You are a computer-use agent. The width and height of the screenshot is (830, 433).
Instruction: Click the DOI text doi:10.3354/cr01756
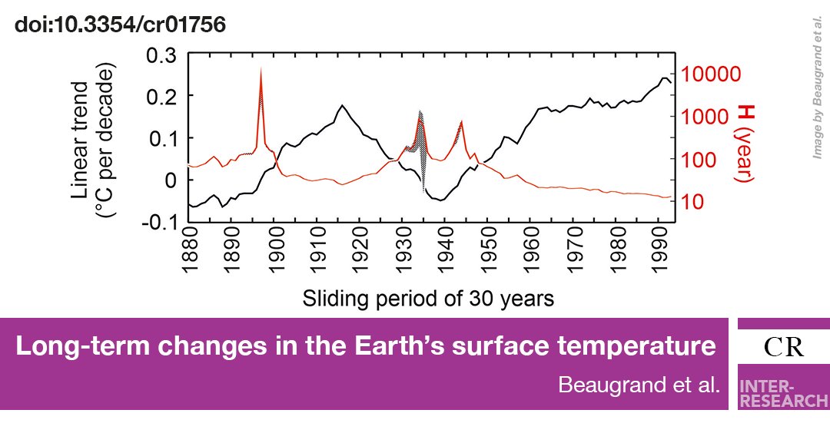coord(120,25)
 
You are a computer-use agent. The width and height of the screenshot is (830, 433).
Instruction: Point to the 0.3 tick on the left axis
coord(161,55)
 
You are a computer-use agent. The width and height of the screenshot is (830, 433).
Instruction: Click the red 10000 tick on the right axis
coord(711,74)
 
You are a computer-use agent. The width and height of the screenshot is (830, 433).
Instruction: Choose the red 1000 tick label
coord(704,117)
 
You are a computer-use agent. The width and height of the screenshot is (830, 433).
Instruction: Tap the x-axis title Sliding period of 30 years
coord(427,298)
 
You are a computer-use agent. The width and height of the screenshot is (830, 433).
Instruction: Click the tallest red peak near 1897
coord(261,69)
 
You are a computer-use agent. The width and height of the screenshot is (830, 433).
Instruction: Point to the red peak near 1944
coord(461,121)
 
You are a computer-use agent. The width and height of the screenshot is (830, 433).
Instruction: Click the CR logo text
coord(784,348)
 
